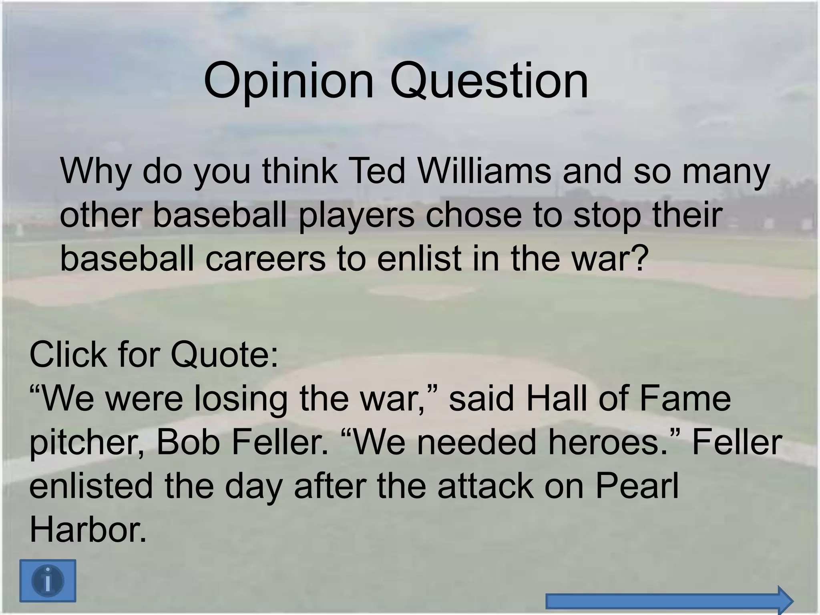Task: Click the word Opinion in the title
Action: pos(288,81)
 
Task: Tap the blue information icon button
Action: pos(48,581)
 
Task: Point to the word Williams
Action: pos(484,171)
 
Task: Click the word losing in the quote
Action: pos(241,400)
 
